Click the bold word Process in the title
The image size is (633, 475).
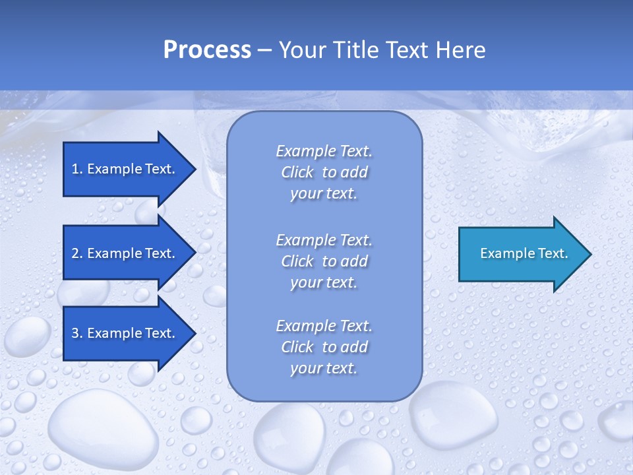click(x=207, y=50)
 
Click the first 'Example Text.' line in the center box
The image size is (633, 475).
click(x=324, y=151)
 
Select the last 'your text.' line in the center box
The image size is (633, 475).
click(x=324, y=368)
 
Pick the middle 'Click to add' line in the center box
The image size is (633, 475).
click(x=324, y=261)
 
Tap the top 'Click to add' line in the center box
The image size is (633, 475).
click(x=324, y=172)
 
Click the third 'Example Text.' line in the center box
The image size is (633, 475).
click(x=324, y=326)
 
